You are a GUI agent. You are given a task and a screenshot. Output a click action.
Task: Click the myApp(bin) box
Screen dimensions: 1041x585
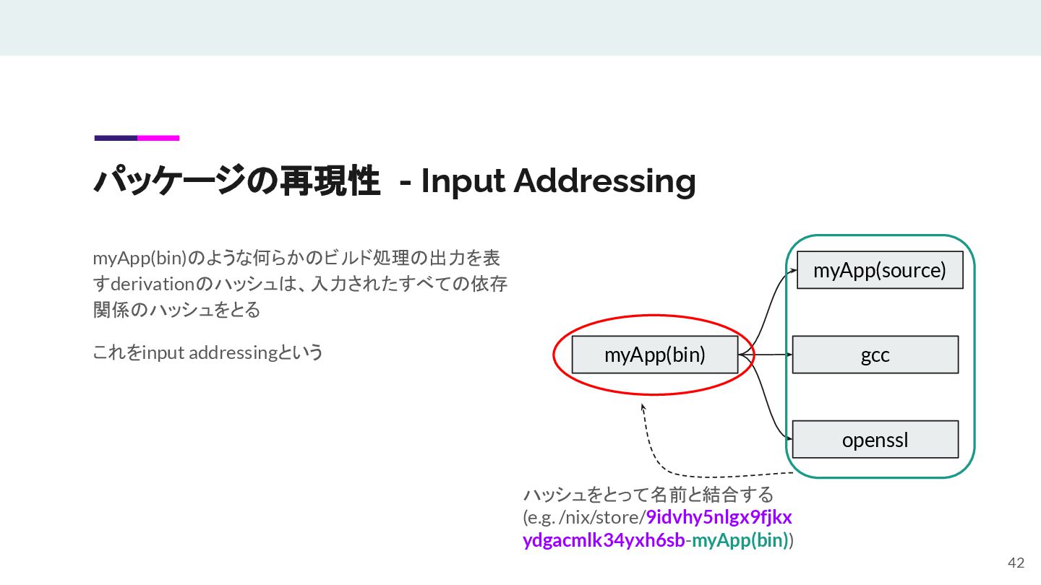pos(654,355)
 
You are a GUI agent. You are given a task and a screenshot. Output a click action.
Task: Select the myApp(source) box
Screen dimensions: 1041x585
pos(880,270)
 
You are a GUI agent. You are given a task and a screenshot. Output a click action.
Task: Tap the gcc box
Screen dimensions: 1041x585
pos(875,355)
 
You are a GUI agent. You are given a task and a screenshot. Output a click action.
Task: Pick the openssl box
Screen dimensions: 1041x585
pos(875,439)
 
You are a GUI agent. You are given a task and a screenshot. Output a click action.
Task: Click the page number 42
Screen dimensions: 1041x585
pos(1016,563)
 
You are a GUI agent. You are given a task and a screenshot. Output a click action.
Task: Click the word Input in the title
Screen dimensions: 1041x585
pos(463,181)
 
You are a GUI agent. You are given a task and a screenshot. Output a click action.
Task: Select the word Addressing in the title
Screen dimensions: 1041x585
pos(604,181)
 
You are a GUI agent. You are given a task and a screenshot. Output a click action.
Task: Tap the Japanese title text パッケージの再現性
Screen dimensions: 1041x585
pos(236,181)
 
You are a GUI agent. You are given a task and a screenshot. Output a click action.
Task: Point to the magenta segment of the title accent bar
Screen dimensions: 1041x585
pos(158,138)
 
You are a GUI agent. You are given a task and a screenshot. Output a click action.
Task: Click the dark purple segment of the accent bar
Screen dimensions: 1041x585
pos(116,138)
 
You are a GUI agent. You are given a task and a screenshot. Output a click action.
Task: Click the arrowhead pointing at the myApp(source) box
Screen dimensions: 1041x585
pos(794,270)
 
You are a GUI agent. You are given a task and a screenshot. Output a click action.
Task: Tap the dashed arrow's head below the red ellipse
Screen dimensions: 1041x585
pos(643,407)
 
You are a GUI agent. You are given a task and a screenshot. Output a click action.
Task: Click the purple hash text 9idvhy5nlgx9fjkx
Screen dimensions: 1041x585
pos(719,518)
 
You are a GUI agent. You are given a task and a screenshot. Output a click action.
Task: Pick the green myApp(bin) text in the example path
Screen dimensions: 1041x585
pos(740,541)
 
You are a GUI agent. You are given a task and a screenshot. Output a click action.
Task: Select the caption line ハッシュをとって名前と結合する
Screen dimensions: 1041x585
pos(648,495)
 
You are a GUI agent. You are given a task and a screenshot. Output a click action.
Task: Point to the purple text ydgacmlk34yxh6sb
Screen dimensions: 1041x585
pos(604,541)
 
